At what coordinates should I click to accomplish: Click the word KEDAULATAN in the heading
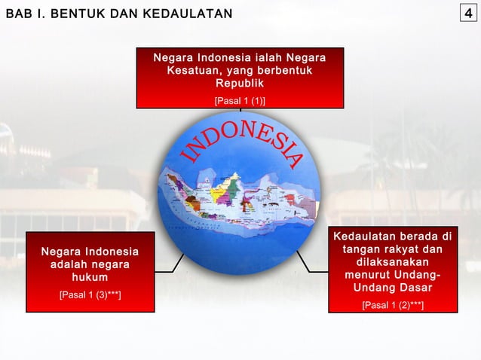pos(193,14)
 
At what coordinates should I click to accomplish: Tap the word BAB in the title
pos(17,14)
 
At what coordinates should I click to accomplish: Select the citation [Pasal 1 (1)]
pos(240,99)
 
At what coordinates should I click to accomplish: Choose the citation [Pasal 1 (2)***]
pos(393,305)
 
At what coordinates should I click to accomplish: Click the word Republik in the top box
pos(240,84)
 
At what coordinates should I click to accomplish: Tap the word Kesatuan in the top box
pos(195,71)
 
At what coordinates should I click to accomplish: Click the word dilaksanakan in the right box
pos(393,262)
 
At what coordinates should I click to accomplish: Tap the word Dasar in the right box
pos(412,289)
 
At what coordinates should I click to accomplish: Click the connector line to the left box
pos(179,261)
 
